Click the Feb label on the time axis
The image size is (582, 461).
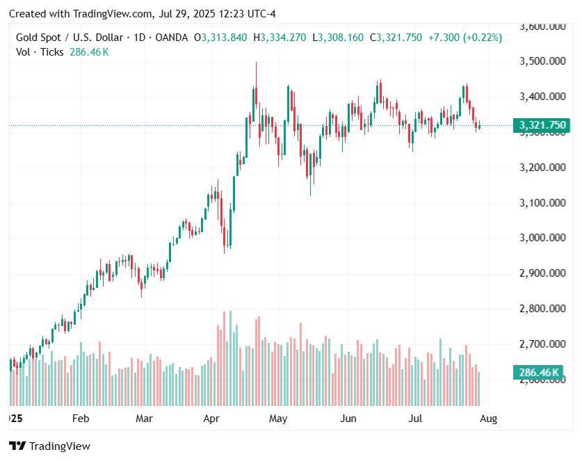pos(81,419)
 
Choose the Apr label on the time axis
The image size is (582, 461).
pos(211,419)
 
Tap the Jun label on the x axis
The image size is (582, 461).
pos(348,419)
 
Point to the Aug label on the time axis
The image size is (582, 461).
pos(489,419)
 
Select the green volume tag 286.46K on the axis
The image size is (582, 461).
pos(540,373)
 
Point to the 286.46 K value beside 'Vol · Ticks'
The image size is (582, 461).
pos(89,52)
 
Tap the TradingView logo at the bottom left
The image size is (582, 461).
pos(49,446)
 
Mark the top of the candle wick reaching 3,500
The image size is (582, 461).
pos(256,63)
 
